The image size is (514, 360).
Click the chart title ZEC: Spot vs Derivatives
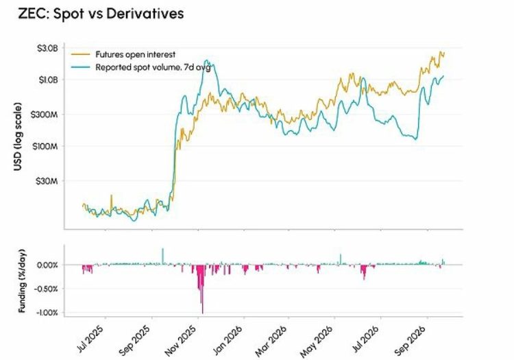(101, 14)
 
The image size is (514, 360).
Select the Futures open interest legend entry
(123, 54)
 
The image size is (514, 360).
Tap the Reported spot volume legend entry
(140, 67)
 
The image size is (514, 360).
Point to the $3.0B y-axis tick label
(47, 49)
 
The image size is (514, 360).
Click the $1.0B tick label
(48, 80)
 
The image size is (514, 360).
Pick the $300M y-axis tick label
(45, 115)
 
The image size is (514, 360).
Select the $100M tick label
(45, 146)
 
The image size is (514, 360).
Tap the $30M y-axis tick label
(47, 181)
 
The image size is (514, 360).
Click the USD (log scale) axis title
(18, 136)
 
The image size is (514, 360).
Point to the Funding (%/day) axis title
(22, 281)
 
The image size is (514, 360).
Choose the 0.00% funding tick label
(47, 265)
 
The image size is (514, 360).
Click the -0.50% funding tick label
(46, 289)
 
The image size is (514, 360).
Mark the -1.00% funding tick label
(46, 313)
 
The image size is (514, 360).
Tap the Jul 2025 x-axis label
(90, 339)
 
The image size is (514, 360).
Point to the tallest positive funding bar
(162, 256)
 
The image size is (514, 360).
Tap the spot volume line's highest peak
(206, 60)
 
